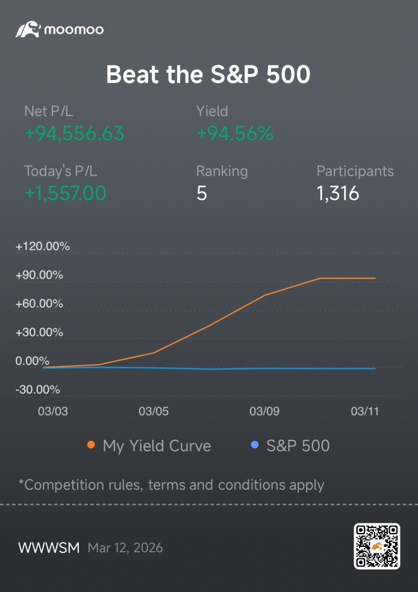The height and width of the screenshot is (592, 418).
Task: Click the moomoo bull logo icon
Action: point(28,29)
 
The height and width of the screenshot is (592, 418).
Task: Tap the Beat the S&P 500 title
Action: point(208,74)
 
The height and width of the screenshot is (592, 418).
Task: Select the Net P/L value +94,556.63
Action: point(75,134)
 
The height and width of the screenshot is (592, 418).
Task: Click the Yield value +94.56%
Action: point(235,134)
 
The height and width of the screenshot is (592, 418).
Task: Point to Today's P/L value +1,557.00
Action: point(66,193)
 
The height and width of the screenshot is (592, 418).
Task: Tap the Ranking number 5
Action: point(202,193)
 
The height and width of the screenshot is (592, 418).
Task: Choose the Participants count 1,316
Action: point(338,193)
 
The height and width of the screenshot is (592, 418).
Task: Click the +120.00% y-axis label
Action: point(42,247)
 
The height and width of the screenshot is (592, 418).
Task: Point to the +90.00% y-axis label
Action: point(39,275)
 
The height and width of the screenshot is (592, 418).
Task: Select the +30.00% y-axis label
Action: point(39,332)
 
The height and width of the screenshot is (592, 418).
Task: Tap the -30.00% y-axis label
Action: point(37,390)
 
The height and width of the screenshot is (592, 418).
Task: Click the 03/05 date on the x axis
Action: point(154,411)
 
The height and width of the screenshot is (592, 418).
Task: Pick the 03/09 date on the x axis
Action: point(264,411)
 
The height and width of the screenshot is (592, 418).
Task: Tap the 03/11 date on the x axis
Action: point(365,411)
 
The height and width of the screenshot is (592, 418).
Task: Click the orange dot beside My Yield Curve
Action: point(91,445)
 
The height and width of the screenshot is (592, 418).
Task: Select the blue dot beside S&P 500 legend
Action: point(255,445)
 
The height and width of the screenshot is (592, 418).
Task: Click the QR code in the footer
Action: point(377,546)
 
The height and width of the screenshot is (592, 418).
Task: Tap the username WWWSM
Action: point(49,548)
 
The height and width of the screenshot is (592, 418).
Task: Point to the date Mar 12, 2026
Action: point(125,548)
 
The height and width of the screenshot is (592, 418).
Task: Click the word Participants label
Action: point(355,171)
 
